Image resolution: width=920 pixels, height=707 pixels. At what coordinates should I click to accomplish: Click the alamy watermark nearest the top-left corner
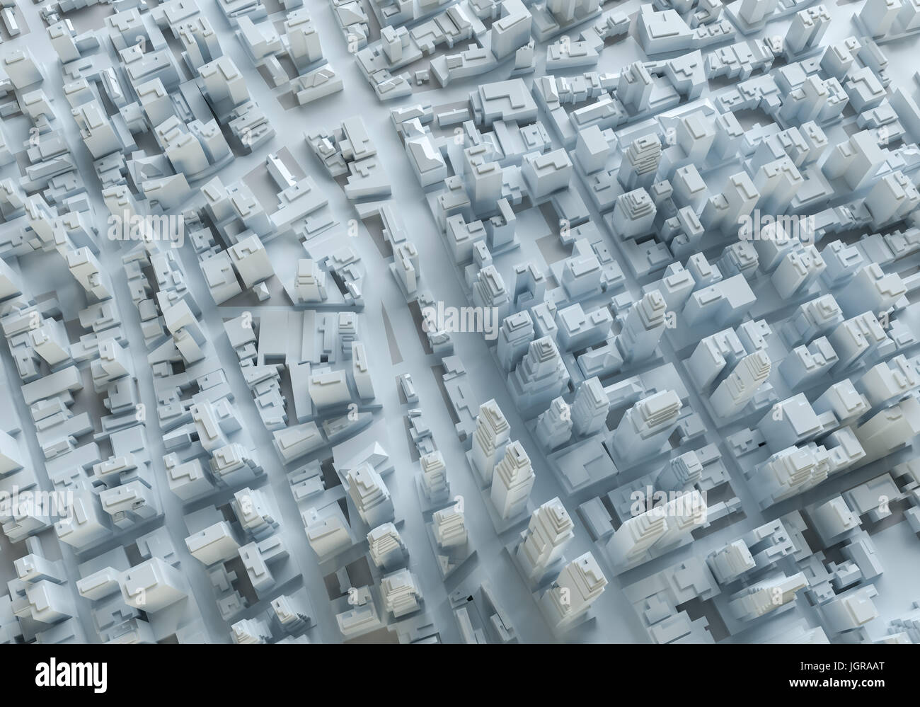point(145,229)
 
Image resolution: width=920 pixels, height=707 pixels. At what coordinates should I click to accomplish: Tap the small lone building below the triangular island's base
point(406,386)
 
